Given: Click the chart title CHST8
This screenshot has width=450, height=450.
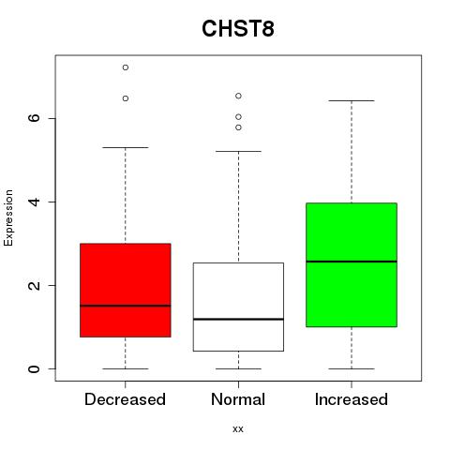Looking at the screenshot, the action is point(238,28).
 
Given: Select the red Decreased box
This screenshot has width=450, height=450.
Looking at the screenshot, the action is point(126,290).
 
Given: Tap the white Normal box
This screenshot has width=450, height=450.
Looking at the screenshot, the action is point(238,307).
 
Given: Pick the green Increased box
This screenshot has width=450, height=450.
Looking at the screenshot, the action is point(352,264).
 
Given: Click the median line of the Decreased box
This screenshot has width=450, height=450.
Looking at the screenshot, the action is point(126,306).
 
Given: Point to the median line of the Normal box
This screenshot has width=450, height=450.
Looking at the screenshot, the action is point(238,319).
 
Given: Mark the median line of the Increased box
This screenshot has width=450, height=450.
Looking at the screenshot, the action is point(352,262).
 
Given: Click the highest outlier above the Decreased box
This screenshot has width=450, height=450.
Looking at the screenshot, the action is point(126,67).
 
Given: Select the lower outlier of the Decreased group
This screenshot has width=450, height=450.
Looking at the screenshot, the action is point(126,98).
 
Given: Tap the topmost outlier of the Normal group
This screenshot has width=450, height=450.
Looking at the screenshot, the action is point(238,96).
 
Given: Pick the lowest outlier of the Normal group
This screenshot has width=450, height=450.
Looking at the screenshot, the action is point(238,127).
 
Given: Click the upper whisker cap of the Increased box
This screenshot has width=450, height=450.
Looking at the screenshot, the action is point(352,100).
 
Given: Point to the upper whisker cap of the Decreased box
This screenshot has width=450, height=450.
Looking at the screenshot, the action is point(126,147).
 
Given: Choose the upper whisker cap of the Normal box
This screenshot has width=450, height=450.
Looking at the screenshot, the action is point(238,151).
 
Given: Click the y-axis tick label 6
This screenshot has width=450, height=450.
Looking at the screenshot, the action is point(35,118).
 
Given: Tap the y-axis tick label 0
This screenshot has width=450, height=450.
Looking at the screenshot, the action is point(35,368).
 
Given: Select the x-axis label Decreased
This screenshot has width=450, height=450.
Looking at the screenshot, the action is point(125,399).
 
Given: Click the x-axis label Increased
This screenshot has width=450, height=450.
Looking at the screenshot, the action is point(352,399).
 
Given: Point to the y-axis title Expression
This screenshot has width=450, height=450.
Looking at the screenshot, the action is point(8,217).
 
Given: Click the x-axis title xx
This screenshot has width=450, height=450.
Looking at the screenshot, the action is point(238,429).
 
